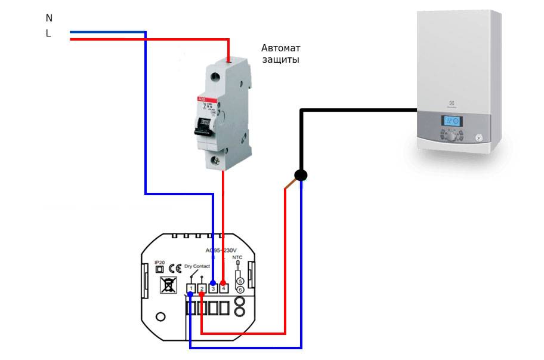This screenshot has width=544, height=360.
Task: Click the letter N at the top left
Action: pyautogui.click(x=49, y=19)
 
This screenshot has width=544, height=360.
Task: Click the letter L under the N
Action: pyautogui.click(x=48, y=34)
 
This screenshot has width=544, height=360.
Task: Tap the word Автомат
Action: pyautogui.click(x=282, y=48)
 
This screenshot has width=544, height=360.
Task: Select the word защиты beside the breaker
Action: pyautogui.click(x=280, y=60)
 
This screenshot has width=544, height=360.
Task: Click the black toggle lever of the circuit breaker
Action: pyautogui.click(x=203, y=122)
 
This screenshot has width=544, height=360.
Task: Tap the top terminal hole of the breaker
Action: pyautogui.click(x=229, y=60)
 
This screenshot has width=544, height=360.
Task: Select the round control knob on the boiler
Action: pyautogui.click(x=450, y=136)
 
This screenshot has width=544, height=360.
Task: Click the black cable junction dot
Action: pyautogui.click(x=301, y=175)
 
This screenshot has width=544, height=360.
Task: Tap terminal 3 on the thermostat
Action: pyautogui.click(x=213, y=288)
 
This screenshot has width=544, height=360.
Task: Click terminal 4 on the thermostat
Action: pyautogui.click(x=224, y=288)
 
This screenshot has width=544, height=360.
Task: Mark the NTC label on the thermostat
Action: pyautogui.click(x=237, y=258)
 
